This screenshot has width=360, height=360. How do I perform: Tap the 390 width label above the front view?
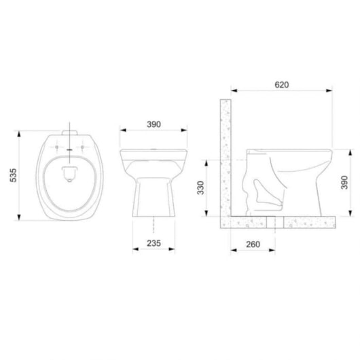[x=154, y=124]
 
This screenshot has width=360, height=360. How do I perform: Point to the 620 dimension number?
[x=282, y=85]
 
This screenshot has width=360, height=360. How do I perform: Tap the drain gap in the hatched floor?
[x=271, y=221]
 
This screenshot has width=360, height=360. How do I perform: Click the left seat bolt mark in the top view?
[x=56, y=147]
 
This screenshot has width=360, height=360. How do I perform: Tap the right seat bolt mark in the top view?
[x=81, y=147]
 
